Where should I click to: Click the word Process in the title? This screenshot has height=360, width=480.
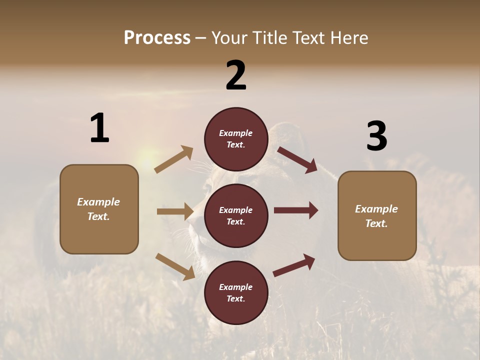[157, 38]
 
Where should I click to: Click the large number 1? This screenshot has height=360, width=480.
[99, 128]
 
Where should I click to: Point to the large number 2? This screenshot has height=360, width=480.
[236, 75]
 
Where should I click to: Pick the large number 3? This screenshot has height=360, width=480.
[376, 136]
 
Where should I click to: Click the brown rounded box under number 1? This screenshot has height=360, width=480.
[99, 209]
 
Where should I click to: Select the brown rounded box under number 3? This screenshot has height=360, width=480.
[377, 215]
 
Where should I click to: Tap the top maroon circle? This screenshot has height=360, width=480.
[236, 139]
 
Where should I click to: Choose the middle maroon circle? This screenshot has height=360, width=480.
[236, 215]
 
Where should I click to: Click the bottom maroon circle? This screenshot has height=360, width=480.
[236, 292]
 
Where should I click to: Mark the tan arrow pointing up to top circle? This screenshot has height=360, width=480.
[174, 159]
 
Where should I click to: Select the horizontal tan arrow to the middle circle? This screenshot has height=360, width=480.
[175, 211]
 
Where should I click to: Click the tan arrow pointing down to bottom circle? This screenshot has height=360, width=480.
[175, 266]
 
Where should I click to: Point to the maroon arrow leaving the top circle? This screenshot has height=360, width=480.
[297, 159]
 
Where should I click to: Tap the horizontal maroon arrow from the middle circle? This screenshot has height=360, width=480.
[296, 210]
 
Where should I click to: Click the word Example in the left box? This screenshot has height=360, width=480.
[98, 202]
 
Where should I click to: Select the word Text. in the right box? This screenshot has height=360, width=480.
[376, 223]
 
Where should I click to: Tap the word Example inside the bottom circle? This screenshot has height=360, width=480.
[236, 287]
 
